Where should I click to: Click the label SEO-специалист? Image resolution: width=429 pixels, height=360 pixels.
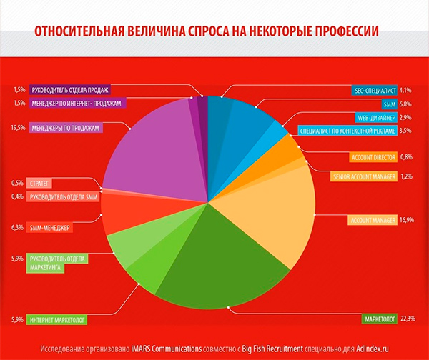tap(375, 91)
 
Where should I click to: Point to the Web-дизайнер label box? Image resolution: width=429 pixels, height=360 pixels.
tap(374, 117)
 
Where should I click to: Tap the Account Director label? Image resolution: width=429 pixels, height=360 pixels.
tap(373, 156)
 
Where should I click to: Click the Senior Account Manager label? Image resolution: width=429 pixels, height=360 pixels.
tap(364, 176)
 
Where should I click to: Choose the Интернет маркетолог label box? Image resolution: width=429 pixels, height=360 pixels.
tap(58, 321)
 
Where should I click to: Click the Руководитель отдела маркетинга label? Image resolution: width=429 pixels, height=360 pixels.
tap(57, 264)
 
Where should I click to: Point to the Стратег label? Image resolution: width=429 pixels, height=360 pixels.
tap(39, 184)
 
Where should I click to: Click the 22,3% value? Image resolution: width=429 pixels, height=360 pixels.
tap(408, 318)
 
